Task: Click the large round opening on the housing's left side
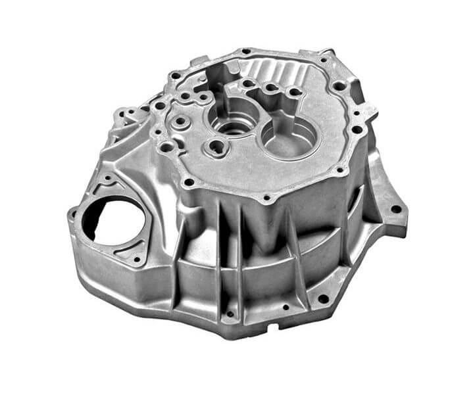coord(109,220)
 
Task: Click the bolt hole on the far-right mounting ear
coord(396,210)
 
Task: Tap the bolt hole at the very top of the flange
coord(246,51)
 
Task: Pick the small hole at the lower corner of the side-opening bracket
coord(136,260)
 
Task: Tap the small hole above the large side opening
coord(107,178)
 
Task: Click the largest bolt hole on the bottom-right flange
coord(323,298)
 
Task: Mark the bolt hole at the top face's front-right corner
coord(339,170)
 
